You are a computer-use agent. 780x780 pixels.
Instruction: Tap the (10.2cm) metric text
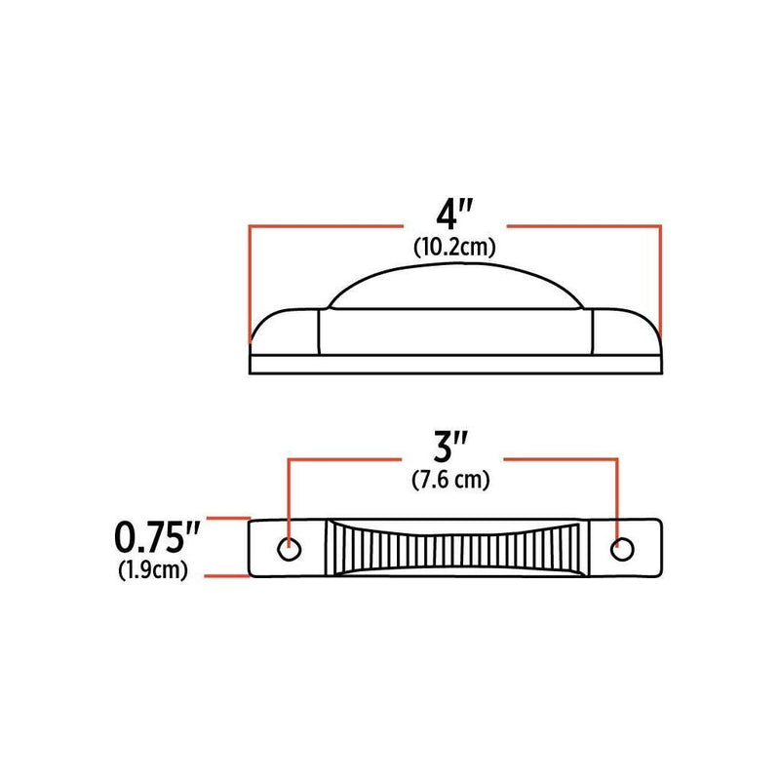click(454, 248)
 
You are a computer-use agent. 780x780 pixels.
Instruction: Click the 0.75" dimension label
click(159, 537)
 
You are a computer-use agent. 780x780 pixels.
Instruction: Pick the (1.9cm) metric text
click(154, 570)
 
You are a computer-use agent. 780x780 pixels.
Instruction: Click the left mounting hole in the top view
click(290, 547)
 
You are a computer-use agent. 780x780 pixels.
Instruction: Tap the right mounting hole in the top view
click(621, 549)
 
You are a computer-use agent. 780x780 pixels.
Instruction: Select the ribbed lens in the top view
click(455, 548)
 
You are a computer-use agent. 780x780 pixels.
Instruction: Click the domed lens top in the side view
click(455, 290)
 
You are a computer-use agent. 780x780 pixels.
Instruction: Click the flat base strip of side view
click(455, 364)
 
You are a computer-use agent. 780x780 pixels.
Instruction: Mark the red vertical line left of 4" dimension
click(251, 283)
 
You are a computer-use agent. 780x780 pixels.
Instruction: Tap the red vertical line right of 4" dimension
click(661, 283)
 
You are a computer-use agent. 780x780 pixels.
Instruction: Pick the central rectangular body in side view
click(455, 331)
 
